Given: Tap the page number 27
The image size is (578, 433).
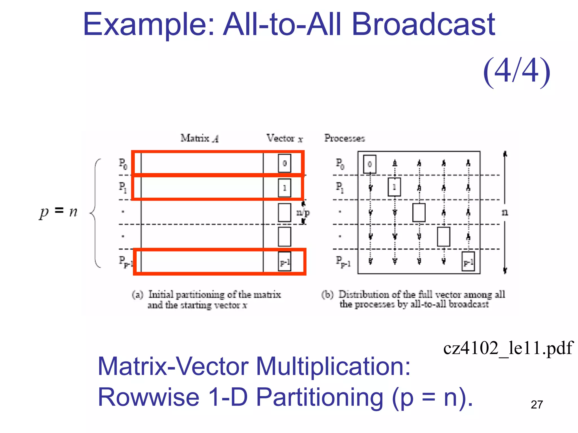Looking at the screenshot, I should (x=537, y=405).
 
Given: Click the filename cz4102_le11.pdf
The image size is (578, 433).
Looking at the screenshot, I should (x=508, y=348).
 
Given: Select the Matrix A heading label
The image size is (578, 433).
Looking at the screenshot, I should (x=200, y=138).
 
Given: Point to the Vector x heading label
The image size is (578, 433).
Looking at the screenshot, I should (x=284, y=138).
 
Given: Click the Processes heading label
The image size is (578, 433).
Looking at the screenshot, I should (x=344, y=138).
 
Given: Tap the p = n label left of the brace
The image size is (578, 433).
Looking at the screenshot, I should (x=58, y=211).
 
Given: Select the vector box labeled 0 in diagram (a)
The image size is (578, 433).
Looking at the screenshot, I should (x=284, y=163).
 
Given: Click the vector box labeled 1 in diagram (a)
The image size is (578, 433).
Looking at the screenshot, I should (x=284, y=188).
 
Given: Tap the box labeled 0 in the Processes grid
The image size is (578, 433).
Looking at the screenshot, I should (x=369, y=164).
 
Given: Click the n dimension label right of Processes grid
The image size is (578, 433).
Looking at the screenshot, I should (x=505, y=212).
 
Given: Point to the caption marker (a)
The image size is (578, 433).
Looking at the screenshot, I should (x=137, y=295).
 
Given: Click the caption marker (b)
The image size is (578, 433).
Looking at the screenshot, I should (x=327, y=295).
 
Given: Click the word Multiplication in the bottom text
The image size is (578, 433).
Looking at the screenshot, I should (x=333, y=366).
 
